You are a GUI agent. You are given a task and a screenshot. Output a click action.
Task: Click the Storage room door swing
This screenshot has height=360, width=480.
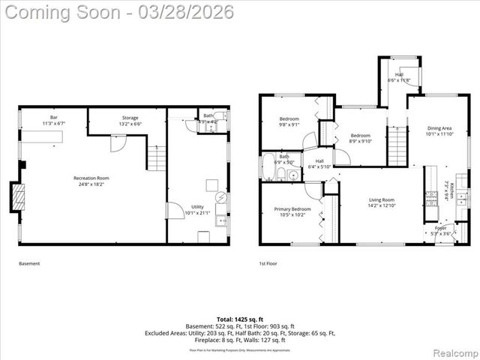click(118, 143)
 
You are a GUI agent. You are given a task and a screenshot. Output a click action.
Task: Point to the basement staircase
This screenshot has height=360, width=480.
click(155, 158)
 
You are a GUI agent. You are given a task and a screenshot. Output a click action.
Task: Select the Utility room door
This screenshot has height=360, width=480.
click(173, 211)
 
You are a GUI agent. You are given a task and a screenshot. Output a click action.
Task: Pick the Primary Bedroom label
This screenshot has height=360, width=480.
click(291, 212)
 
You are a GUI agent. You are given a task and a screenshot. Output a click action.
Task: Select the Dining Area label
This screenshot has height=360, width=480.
click(440, 131)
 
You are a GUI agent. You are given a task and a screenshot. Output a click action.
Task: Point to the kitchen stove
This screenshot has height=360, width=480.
click(432, 198)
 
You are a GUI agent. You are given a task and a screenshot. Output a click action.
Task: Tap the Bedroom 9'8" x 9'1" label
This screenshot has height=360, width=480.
click(289, 122)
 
